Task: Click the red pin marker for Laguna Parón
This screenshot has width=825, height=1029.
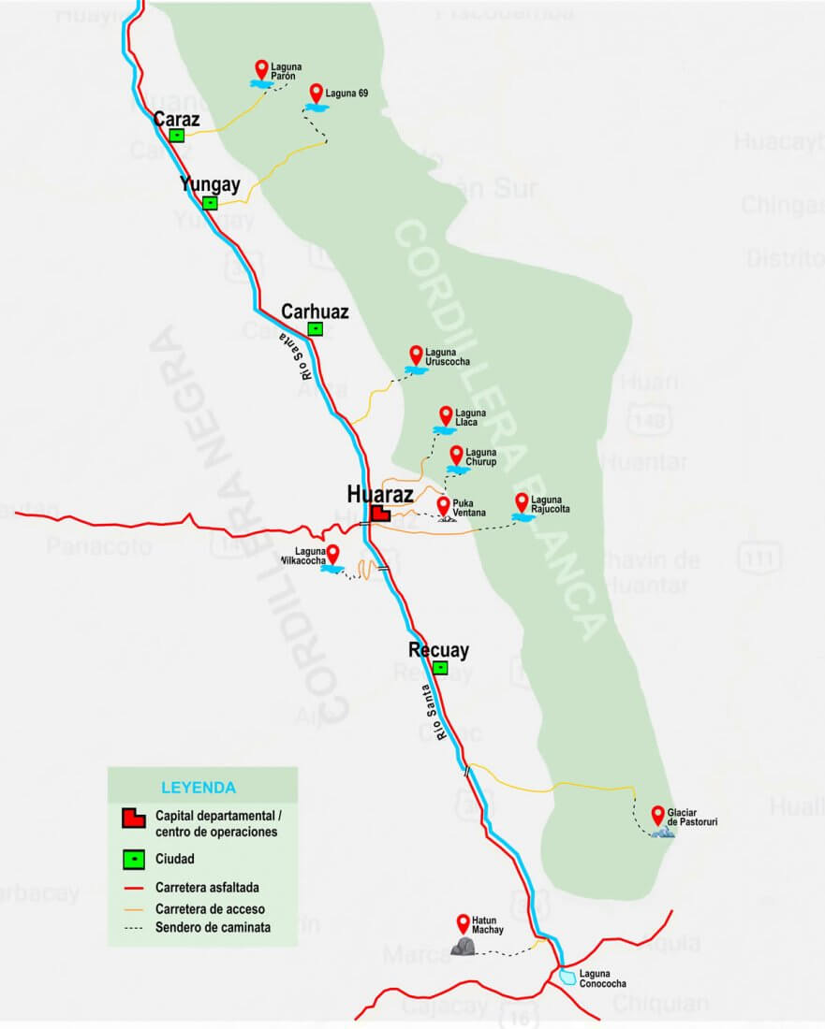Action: (261, 68)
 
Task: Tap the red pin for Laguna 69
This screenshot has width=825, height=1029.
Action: (317, 92)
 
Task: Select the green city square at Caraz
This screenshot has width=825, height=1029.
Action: (176, 135)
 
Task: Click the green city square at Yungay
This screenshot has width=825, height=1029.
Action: (211, 202)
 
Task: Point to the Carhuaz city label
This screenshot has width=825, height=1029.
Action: (315, 312)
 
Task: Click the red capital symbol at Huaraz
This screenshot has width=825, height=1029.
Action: (380, 513)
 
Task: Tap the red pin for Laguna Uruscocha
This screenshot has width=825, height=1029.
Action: (417, 355)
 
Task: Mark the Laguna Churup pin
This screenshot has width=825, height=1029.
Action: (456, 455)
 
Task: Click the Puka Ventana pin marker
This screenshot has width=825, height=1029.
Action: (443, 505)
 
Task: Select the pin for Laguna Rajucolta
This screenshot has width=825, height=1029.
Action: (522, 502)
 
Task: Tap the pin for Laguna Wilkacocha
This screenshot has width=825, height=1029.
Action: (331, 552)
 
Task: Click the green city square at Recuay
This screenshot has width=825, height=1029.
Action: (440, 668)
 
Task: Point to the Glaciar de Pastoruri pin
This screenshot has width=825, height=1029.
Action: (658, 814)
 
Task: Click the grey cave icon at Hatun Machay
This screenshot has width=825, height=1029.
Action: (463, 947)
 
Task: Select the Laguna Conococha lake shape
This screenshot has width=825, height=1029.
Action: (568, 978)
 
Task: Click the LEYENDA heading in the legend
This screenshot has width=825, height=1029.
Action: (199, 788)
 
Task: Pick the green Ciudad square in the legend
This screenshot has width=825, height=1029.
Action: (134, 857)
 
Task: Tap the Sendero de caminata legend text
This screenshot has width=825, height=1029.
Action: (214, 927)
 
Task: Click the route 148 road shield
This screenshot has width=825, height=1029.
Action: (648, 422)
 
